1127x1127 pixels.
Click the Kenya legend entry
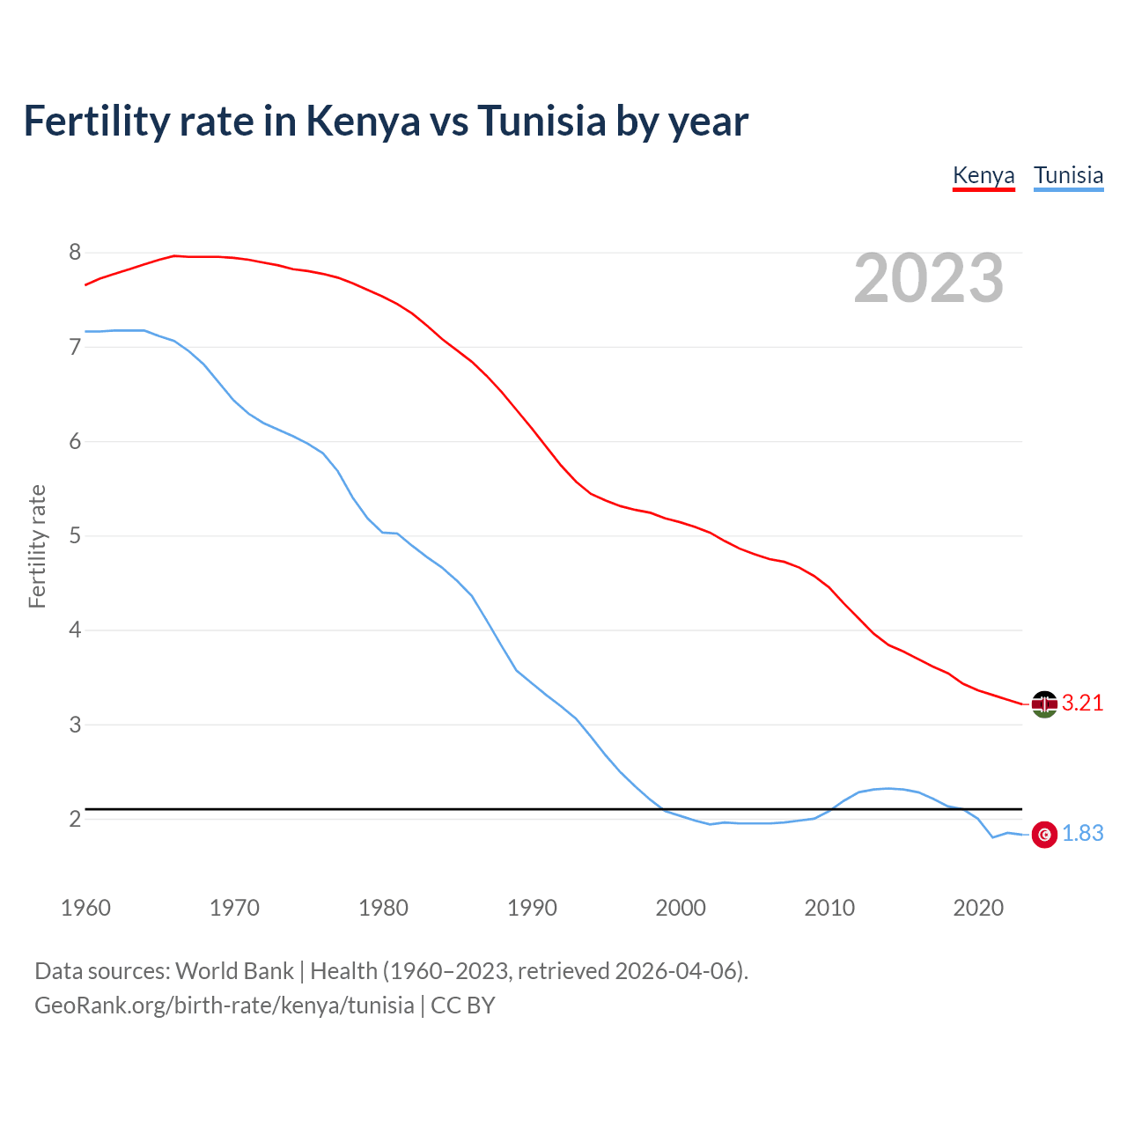click(983, 175)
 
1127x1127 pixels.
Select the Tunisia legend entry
click(1068, 175)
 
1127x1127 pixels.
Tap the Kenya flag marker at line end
click(1044, 703)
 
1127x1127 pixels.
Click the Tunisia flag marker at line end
click(1044, 834)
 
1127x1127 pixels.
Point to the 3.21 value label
click(1082, 703)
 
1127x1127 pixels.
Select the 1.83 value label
click(1082, 833)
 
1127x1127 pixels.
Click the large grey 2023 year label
click(929, 278)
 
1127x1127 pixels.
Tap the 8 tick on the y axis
click(75, 253)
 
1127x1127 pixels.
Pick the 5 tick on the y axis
click(75, 535)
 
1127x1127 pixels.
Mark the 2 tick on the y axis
click(75, 819)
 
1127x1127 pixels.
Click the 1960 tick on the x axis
click(85, 908)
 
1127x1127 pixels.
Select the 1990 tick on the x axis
click(532, 908)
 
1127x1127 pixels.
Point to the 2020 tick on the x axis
click(978, 908)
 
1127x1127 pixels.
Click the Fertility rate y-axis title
click(37, 546)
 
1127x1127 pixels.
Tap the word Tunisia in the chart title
click(541, 121)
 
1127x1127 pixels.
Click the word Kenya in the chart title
click(363, 121)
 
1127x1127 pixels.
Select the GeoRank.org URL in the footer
click(224, 1005)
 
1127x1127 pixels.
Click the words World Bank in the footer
click(234, 971)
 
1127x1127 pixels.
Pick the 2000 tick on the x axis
click(681, 908)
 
